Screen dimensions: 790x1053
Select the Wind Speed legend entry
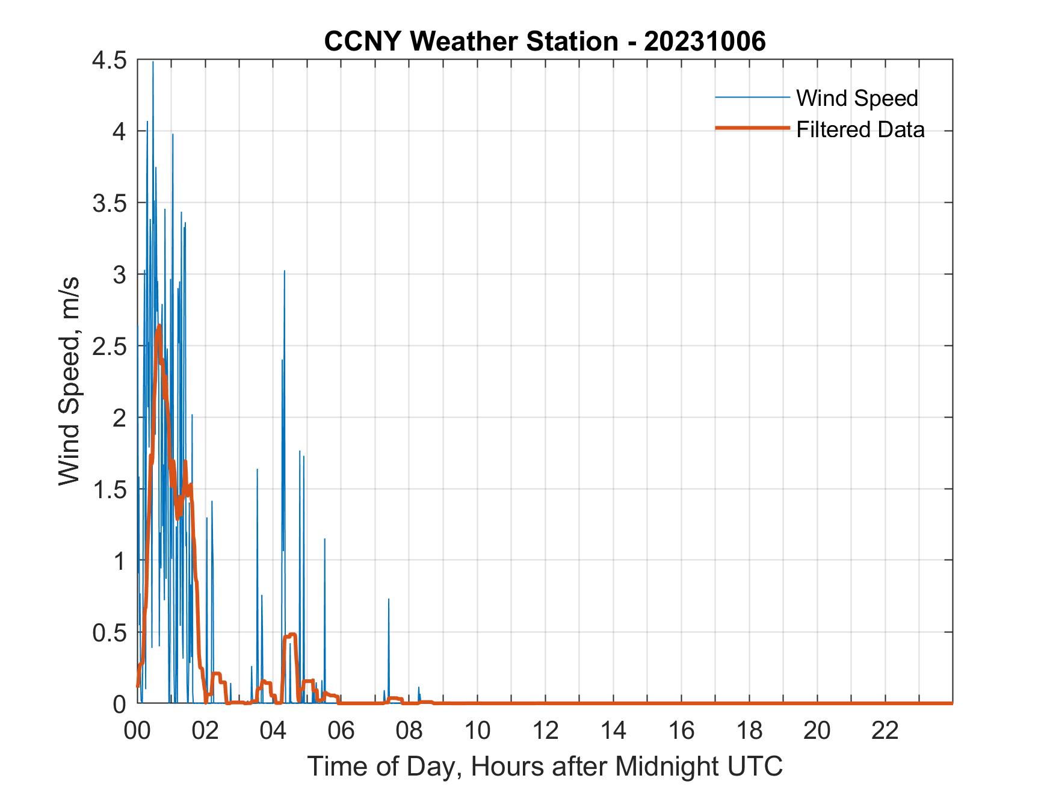pos(857,98)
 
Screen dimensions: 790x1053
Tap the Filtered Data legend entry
pos(860,129)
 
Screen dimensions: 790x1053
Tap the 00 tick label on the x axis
pos(137,731)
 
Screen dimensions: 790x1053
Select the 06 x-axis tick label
pos(341,731)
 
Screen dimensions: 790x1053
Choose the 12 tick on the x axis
pos(545,731)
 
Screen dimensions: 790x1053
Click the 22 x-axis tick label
pos(885,731)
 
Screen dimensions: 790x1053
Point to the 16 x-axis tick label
pos(681,731)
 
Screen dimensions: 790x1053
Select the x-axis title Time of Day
pos(545,767)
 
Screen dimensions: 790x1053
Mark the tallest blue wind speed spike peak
pos(153,62)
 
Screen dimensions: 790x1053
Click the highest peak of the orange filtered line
pos(159,326)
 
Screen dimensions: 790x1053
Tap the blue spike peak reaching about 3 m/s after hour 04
pos(285,271)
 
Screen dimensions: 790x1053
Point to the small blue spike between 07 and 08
pos(389,599)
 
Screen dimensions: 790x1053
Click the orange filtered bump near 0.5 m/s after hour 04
pos(292,635)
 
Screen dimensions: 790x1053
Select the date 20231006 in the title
pos(705,42)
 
